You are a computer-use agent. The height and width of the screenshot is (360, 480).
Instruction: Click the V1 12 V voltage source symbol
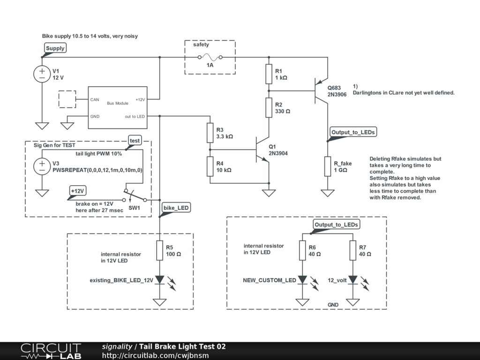point(42,74)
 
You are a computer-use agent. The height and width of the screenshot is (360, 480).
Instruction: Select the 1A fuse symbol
point(210,58)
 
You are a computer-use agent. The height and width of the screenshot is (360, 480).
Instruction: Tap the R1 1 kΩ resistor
point(269,74)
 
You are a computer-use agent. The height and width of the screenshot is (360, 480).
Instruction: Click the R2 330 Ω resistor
point(269,108)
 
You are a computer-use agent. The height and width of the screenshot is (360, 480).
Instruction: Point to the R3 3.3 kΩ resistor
point(210,133)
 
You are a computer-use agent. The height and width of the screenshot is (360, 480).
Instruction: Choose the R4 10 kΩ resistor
point(210,166)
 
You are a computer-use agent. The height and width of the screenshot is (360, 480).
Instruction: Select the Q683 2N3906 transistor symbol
point(322,90)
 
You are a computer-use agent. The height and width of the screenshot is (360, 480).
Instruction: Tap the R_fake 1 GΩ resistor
point(328,166)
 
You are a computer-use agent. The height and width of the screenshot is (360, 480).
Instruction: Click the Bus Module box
point(118,107)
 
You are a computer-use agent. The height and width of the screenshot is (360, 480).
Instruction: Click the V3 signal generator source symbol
point(42,166)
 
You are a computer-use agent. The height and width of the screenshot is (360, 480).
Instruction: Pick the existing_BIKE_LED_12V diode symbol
point(160,280)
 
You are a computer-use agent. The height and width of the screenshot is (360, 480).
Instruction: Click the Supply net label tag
point(55,48)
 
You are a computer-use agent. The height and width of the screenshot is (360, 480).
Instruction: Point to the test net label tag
point(135,141)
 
